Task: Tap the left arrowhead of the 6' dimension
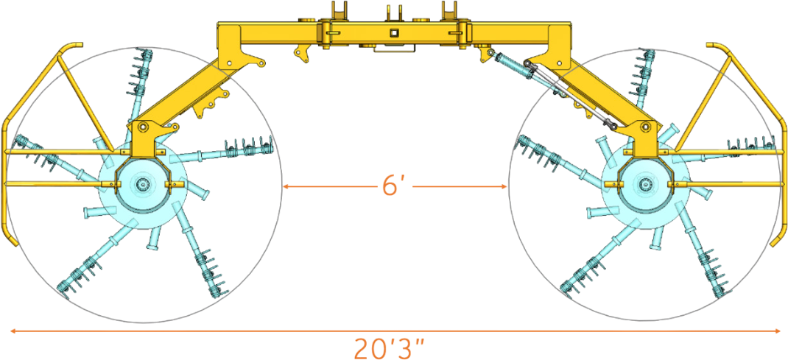pyautogui.click(x=286, y=187)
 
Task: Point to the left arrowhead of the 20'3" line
pyautogui.click(x=11, y=331)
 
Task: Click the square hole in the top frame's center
pyautogui.click(x=395, y=32)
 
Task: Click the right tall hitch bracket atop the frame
pyautogui.click(x=448, y=13)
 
